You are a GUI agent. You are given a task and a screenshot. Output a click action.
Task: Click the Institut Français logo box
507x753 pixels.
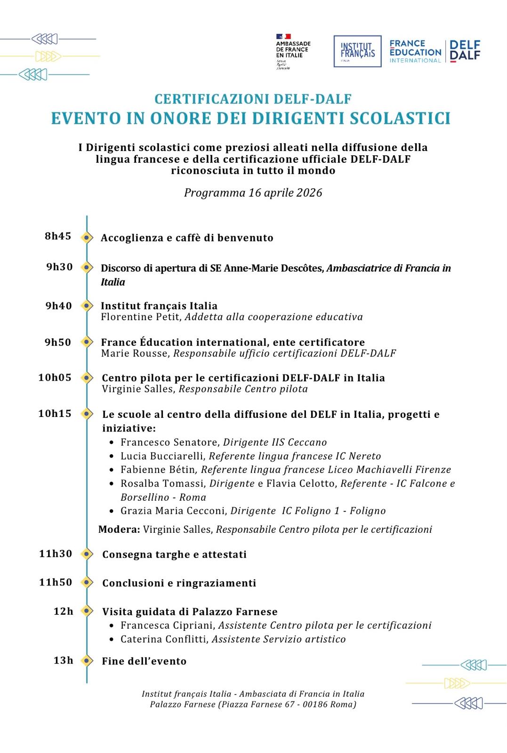pos(357,51)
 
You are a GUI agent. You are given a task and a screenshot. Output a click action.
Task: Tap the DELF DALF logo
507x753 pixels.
pos(465,51)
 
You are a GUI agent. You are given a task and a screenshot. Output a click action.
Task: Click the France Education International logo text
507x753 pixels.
pos(415,51)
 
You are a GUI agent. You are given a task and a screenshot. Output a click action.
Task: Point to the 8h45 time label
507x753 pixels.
pos(58,236)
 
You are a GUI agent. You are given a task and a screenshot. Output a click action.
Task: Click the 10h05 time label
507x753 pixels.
pos(55,377)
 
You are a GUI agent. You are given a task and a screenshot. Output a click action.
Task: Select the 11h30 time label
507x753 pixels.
pos(56,553)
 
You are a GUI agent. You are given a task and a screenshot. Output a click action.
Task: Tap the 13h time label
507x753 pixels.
pos(64,660)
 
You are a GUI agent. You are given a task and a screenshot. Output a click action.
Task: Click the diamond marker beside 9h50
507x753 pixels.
pos(87,342)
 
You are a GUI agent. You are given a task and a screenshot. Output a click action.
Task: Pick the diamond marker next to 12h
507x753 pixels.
pos(87,611)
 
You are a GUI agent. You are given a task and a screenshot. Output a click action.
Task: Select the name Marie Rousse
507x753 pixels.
pos(135,353)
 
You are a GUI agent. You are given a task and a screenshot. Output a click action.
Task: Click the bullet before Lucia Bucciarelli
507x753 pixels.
pos(112,456)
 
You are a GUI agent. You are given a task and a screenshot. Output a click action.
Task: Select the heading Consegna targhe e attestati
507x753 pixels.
pos(174,554)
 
